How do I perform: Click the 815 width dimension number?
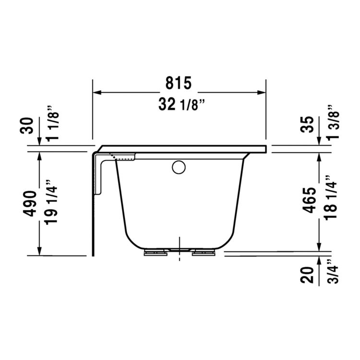[x=179, y=83]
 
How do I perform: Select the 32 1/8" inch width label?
[x=179, y=104]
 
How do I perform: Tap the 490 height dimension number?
[x=30, y=204]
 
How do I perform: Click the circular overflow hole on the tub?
[x=179, y=168]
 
